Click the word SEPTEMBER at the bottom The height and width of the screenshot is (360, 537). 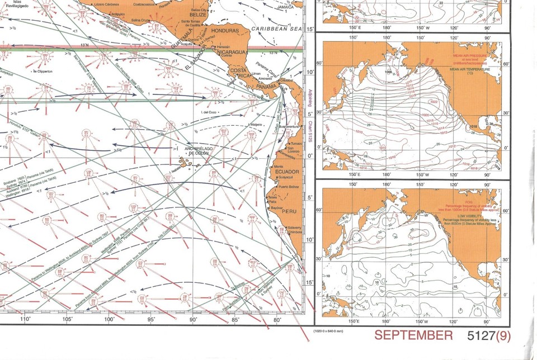(x=413, y=335)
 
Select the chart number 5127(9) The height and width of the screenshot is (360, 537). (x=488, y=335)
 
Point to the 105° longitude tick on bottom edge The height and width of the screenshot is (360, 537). (x=67, y=319)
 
